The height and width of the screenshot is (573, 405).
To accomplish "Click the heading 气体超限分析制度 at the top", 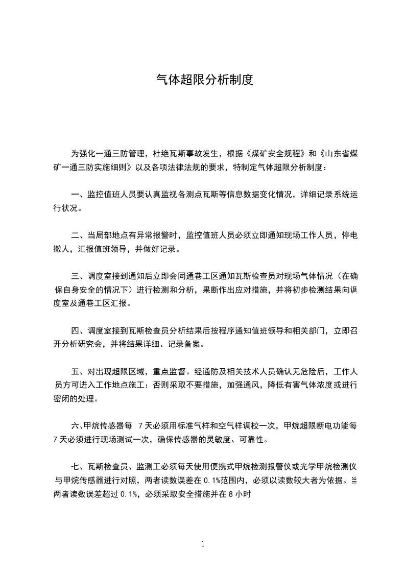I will pyautogui.click(x=204, y=80).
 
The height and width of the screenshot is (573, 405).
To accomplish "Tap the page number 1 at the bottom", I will pyautogui.click(x=203, y=543).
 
